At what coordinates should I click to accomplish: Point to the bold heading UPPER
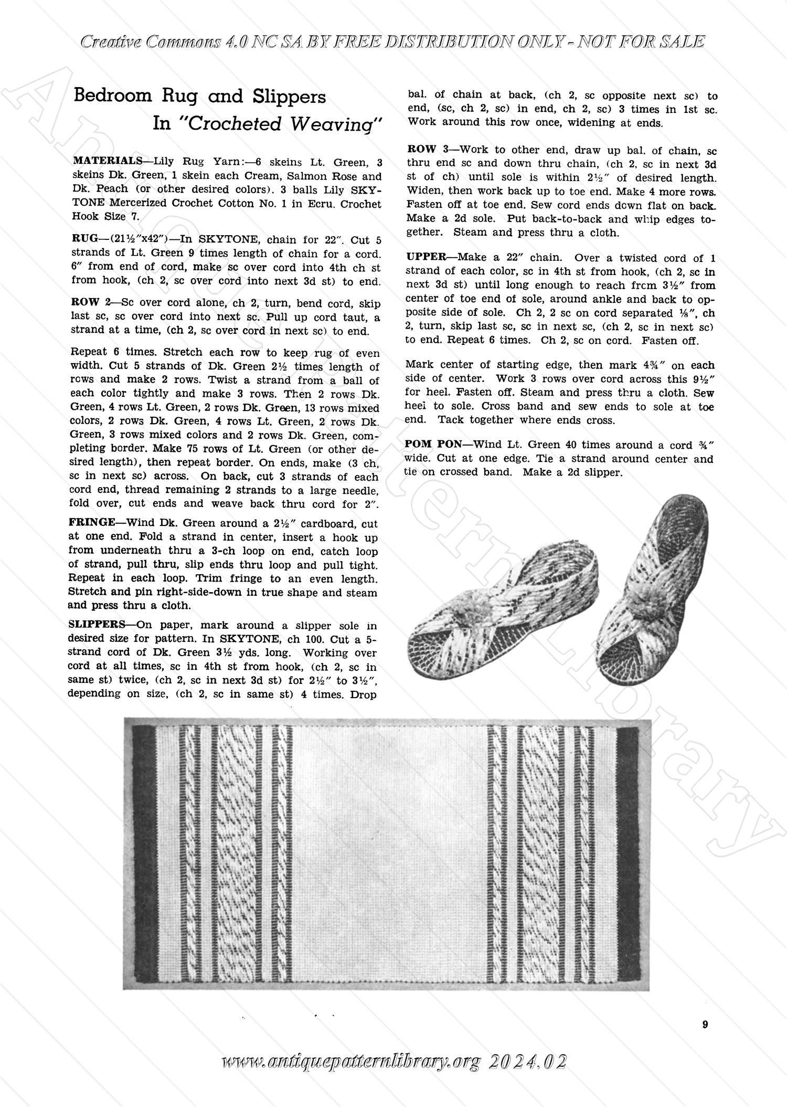point(426,258)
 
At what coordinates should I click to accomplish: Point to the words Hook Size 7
point(99,216)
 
